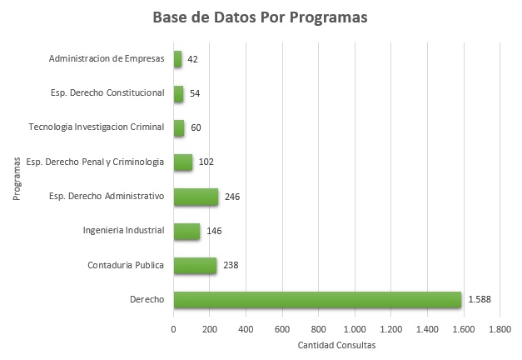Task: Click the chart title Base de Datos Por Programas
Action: (261, 17)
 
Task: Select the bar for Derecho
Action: (317, 299)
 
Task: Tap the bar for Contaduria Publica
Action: (195, 265)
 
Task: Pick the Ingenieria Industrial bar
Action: (186, 231)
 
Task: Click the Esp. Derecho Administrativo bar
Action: (196, 197)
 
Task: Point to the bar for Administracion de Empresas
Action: (177, 59)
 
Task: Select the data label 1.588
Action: (480, 299)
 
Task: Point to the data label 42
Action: (192, 59)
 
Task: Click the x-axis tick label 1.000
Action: (355, 329)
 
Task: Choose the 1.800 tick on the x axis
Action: (500, 329)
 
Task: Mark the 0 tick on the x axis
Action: (173, 329)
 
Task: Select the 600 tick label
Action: (282, 329)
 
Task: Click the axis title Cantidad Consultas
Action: (336, 345)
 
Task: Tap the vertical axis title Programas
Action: (16, 179)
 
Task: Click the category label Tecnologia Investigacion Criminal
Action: (96, 127)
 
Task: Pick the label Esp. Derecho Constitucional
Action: (107, 93)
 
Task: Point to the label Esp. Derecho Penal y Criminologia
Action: (95, 162)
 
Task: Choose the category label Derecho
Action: (147, 299)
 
